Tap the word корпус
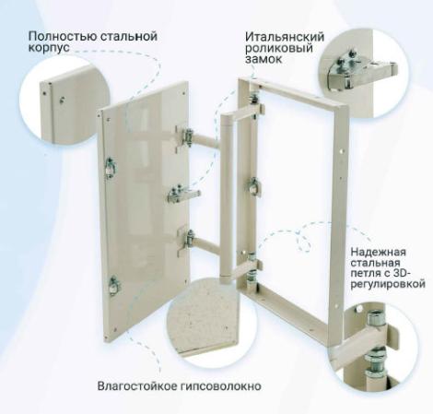point(49,48)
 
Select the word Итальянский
point(285,37)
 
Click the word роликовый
point(279,48)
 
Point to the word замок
point(263,59)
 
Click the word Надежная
point(379,252)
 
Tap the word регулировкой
point(388,284)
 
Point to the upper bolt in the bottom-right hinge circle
point(377,319)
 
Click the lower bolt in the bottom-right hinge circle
point(375,363)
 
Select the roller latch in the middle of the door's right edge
point(183,195)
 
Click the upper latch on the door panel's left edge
point(110,167)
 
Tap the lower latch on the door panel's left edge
point(114,286)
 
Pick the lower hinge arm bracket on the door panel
point(186,242)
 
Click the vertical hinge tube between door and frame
point(226,196)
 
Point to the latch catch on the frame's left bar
point(254,186)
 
